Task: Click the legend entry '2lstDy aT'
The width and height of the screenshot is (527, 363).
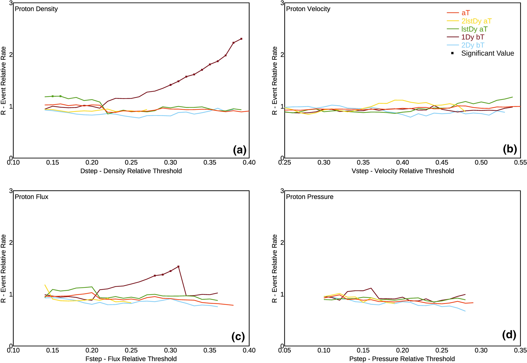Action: [x=476, y=21]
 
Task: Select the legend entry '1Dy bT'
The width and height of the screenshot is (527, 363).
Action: [x=473, y=37]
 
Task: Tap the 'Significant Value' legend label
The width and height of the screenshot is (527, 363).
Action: [x=487, y=53]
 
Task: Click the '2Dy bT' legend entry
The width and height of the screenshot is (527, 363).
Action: [x=473, y=45]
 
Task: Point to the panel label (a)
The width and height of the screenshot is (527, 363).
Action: [x=240, y=150]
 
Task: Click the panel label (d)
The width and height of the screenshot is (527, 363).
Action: [x=509, y=335]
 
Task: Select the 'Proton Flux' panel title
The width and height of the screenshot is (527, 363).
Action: [x=32, y=197]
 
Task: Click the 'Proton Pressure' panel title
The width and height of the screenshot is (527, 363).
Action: [x=309, y=197]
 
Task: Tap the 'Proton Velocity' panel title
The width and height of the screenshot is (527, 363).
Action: [x=308, y=9]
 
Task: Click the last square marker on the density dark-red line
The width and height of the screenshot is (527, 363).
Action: [x=241, y=39]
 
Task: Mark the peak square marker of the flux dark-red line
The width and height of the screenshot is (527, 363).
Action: [x=178, y=266]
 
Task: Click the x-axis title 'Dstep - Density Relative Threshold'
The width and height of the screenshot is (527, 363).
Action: [x=131, y=171]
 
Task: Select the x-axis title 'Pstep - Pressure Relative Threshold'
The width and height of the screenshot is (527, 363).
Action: [x=402, y=359]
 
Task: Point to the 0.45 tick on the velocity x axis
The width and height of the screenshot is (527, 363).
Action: [x=442, y=162]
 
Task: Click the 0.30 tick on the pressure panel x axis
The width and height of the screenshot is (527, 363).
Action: [x=481, y=351]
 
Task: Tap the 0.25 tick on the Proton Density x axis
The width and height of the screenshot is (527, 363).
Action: [x=131, y=162]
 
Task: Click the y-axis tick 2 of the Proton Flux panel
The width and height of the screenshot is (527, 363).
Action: [x=11, y=243]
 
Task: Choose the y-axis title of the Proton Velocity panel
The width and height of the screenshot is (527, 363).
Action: [x=275, y=81]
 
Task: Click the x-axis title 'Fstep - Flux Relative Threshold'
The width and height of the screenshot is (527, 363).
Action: [x=131, y=359]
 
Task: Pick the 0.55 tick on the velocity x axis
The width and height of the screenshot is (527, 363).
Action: [x=520, y=162]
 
